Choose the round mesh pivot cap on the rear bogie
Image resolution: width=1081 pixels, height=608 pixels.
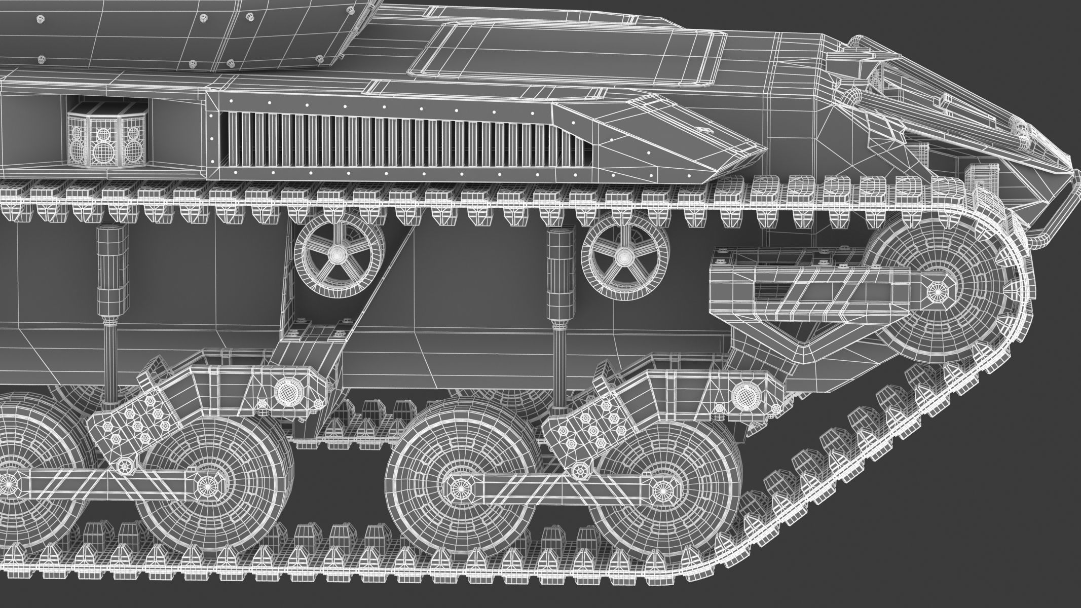tap(285, 389)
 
